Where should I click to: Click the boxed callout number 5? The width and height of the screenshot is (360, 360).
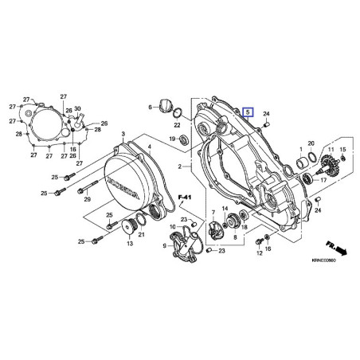coord(249,113)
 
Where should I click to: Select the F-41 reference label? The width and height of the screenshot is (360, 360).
coord(185,197)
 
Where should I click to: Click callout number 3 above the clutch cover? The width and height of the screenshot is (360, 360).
coord(123,136)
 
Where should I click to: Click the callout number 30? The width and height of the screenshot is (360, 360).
coord(77,108)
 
